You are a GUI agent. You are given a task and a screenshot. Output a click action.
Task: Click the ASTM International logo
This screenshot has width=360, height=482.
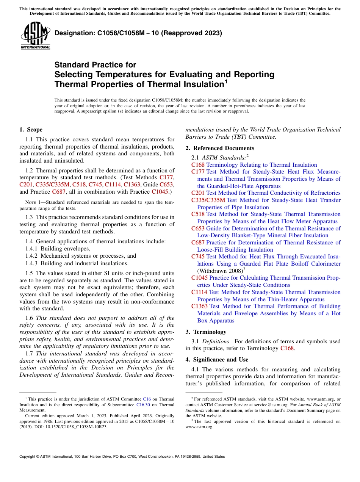pyautogui.click(x=35, y=36)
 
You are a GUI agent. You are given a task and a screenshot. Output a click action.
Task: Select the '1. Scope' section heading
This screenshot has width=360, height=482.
pyautogui.click(x=31, y=130)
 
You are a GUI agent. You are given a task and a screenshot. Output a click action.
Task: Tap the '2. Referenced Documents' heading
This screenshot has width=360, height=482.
pyautogui.click(x=220, y=148)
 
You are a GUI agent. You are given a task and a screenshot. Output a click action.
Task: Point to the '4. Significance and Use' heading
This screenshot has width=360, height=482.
pyautogui.click(x=217, y=359)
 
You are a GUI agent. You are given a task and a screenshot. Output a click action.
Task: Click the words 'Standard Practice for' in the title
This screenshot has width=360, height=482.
pyautogui.click(x=95, y=65)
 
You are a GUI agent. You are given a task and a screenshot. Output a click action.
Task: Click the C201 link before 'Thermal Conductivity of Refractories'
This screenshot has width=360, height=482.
pyautogui.click(x=198, y=193)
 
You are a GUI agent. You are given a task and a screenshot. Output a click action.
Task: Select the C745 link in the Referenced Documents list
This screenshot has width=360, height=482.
pyautogui.click(x=198, y=257)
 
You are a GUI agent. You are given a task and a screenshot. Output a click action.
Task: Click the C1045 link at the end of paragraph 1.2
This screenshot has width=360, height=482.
pyautogui.click(x=160, y=192)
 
